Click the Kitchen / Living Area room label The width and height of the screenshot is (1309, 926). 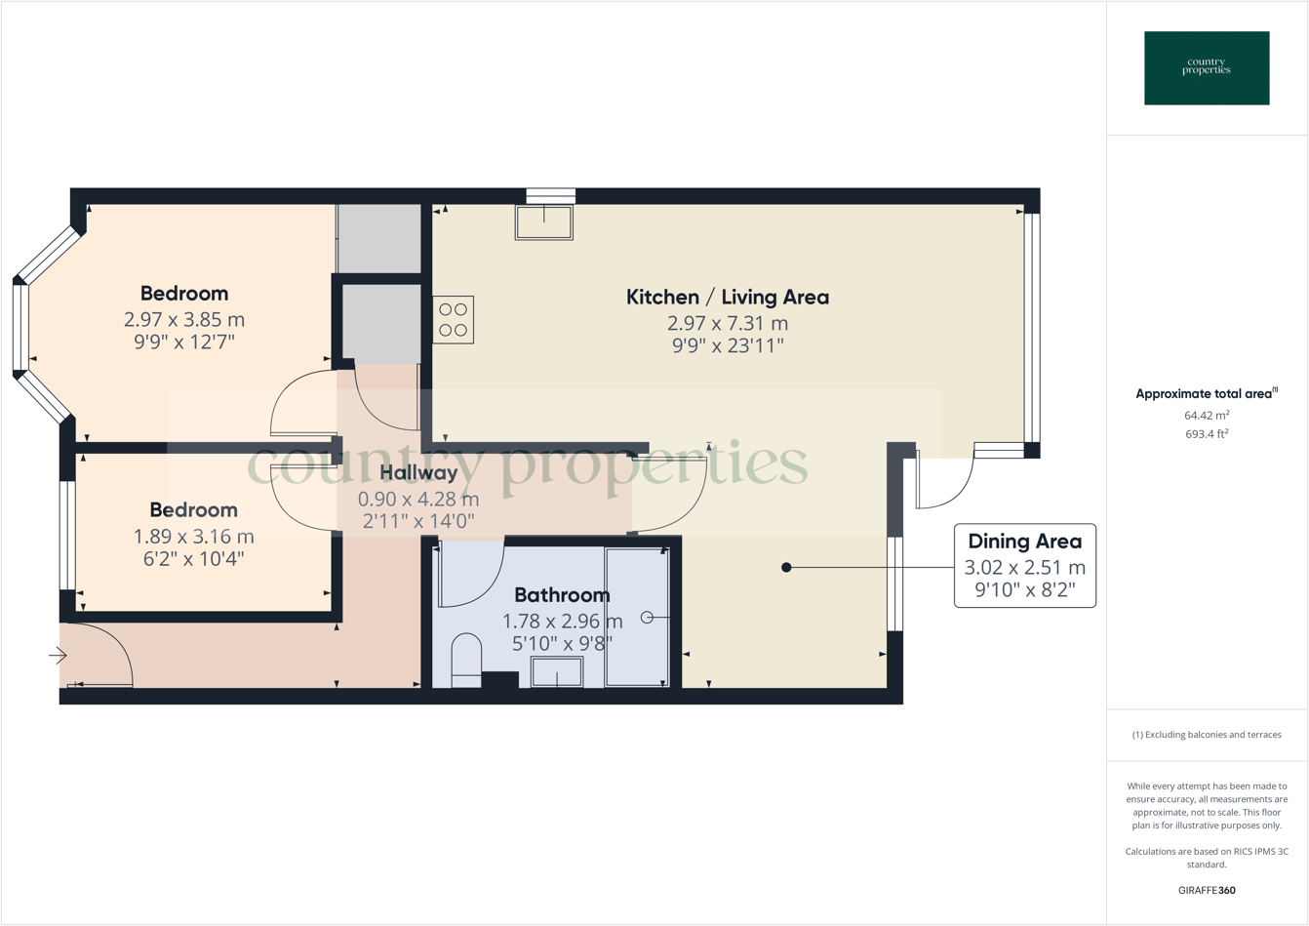(727, 297)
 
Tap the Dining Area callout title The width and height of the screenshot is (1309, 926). (1024, 542)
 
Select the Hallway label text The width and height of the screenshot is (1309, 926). (418, 472)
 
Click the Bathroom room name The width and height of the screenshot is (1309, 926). (562, 594)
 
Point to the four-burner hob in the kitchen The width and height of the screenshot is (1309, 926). (454, 320)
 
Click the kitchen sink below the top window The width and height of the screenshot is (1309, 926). (544, 222)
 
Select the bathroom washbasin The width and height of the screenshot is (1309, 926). (557, 672)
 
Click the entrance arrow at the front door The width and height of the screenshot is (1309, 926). (58, 657)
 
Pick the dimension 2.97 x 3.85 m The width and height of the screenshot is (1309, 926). (184, 319)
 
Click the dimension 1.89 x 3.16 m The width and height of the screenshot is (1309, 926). (193, 536)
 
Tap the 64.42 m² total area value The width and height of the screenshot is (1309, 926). (1207, 416)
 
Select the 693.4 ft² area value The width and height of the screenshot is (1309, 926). (1207, 434)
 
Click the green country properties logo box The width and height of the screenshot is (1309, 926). (1207, 68)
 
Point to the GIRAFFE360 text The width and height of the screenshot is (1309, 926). (1207, 890)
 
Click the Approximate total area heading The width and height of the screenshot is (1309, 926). (1206, 394)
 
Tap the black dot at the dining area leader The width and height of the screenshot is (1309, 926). (786, 567)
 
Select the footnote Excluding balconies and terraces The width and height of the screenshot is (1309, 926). (1207, 735)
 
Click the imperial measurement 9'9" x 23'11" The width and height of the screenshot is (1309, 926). (727, 344)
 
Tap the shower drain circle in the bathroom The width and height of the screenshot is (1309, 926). (647, 618)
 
